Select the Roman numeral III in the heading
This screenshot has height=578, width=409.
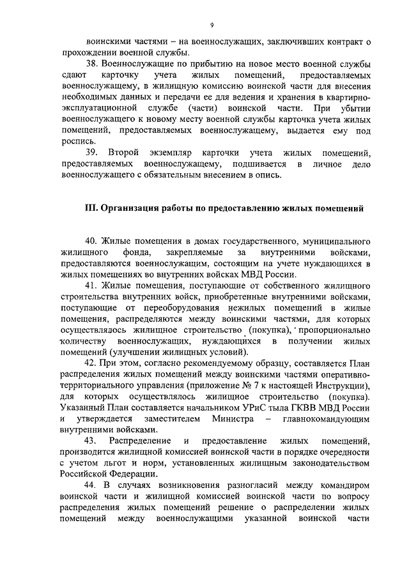tap(91, 208)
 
